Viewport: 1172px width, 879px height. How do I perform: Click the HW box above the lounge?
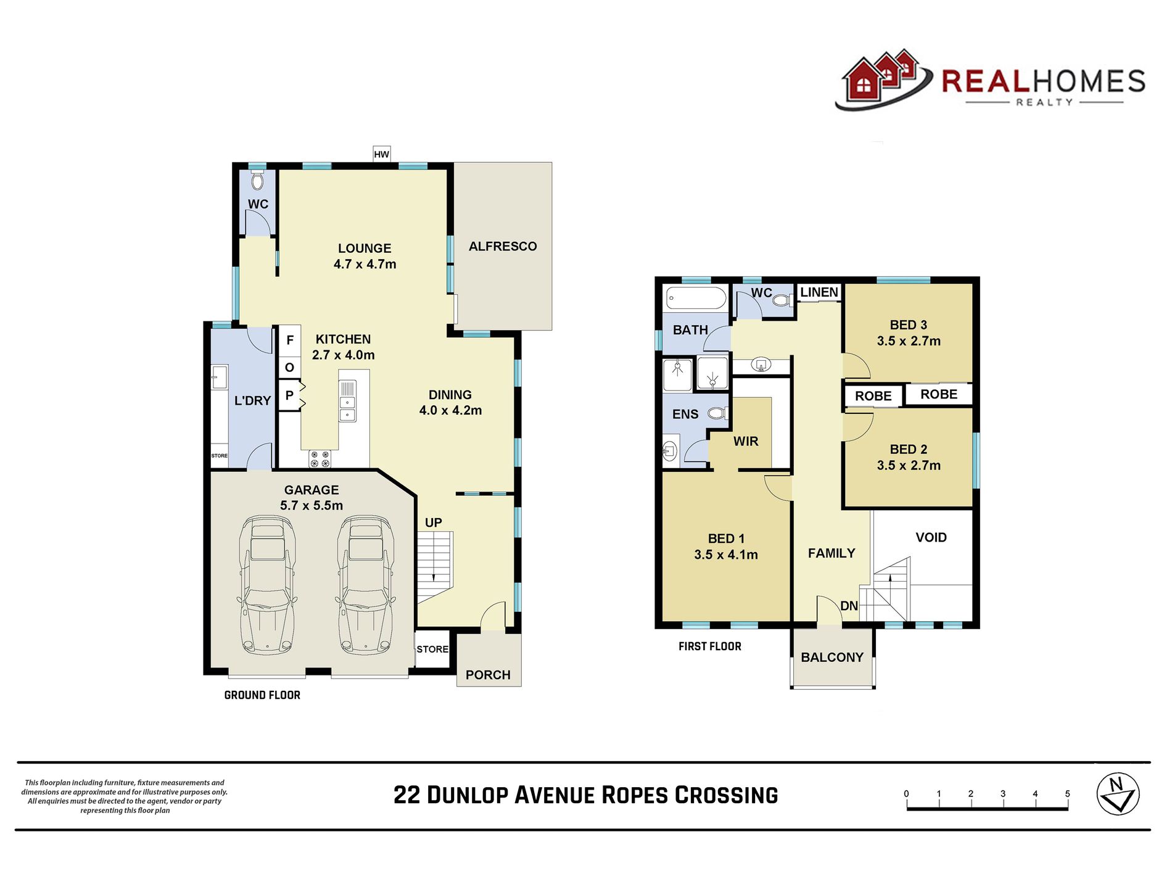(381, 154)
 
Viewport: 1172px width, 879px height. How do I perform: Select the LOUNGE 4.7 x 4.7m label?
(365, 256)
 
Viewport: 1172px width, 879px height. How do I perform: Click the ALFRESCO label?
(503, 246)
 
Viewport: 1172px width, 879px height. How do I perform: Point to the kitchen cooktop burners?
(320, 459)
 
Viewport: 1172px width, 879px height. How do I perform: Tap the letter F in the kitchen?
(290, 340)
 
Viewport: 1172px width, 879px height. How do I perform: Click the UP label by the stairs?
(433, 522)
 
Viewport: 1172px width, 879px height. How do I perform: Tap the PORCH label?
(488, 675)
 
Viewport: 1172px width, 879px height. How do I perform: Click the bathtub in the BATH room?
(696, 299)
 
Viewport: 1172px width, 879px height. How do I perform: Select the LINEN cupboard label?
(819, 292)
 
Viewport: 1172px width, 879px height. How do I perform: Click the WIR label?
(746, 441)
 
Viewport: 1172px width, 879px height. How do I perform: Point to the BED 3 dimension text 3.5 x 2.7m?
(909, 341)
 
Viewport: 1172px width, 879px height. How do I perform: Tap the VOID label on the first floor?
(931, 537)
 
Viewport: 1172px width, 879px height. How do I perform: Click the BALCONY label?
(832, 657)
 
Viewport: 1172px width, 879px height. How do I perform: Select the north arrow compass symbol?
(1118, 794)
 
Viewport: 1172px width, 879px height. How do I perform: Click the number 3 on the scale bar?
(1003, 794)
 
